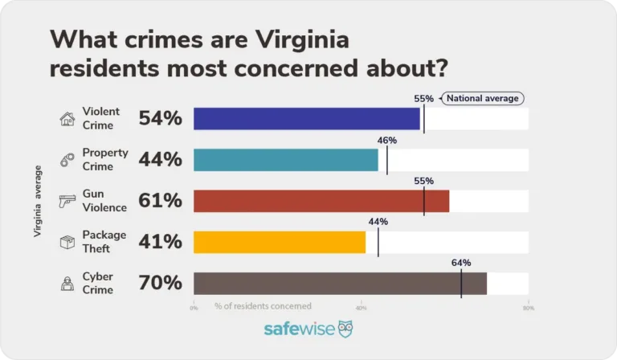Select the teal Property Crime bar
pyautogui.click(x=286, y=160)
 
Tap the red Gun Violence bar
pyautogui.click(x=321, y=201)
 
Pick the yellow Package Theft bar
pyautogui.click(x=280, y=242)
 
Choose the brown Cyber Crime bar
pyautogui.click(x=340, y=283)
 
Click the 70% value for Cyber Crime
pyautogui.click(x=160, y=283)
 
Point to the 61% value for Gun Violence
pyautogui.click(x=160, y=201)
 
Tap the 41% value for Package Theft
pyautogui.click(x=160, y=242)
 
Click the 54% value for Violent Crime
pyautogui.click(x=160, y=119)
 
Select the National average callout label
pyautogui.click(x=482, y=99)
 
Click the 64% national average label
pyautogui.click(x=461, y=263)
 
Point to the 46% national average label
pyautogui.click(x=387, y=140)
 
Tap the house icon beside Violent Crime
pyautogui.click(x=67, y=119)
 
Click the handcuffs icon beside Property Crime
pyautogui.click(x=67, y=160)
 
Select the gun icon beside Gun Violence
pyautogui.click(x=67, y=201)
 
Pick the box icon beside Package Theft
pyautogui.click(x=67, y=242)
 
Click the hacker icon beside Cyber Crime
pyautogui.click(x=67, y=283)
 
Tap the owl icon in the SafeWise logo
pyautogui.click(x=345, y=329)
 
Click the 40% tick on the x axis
pyautogui.click(x=361, y=307)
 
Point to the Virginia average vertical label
pyautogui.click(x=37, y=201)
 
